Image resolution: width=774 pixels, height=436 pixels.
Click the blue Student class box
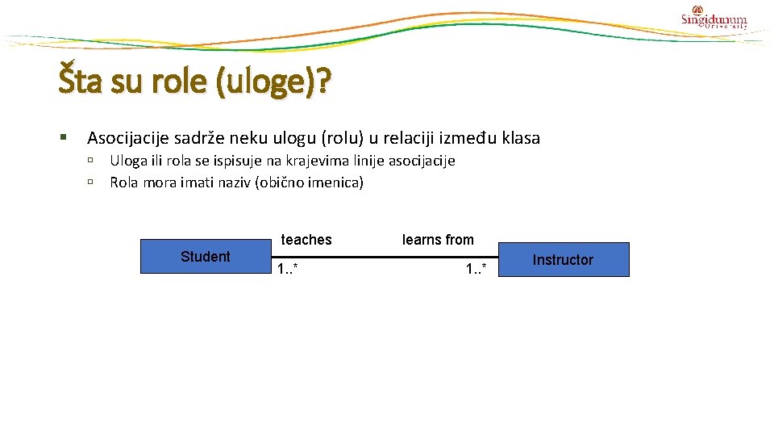205,257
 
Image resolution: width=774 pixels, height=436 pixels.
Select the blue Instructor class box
563,260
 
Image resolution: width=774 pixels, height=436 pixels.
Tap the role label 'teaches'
306,240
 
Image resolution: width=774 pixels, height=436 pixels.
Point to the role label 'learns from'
438,240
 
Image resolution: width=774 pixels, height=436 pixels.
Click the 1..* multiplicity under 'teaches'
288,270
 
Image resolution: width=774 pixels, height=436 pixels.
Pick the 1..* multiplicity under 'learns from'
476,270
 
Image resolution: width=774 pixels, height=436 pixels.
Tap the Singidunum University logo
714,19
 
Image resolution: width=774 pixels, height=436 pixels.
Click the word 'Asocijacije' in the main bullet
127,138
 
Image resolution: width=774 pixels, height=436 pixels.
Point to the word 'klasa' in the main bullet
521,138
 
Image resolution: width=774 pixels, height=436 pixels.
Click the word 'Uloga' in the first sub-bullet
127,161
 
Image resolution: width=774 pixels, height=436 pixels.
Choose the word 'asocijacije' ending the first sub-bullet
422,161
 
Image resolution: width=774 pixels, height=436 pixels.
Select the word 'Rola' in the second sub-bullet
124,182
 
